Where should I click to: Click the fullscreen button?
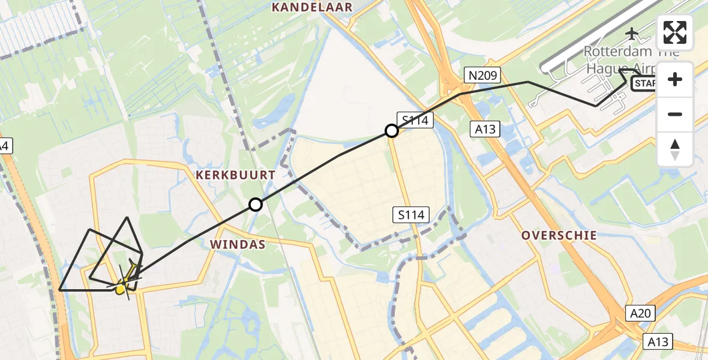click(x=675, y=32)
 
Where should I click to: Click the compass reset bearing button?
click(x=675, y=149)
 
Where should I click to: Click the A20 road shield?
click(x=642, y=313)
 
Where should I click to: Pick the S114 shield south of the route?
click(x=411, y=214)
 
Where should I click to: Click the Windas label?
click(x=237, y=245)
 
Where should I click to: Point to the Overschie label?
click(x=559, y=235)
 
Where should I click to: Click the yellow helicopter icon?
click(x=124, y=282)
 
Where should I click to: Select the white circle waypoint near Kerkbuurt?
click(x=256, y=205)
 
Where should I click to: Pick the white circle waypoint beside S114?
click(x=391, y=130)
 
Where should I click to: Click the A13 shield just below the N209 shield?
click(x=486, y=128)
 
